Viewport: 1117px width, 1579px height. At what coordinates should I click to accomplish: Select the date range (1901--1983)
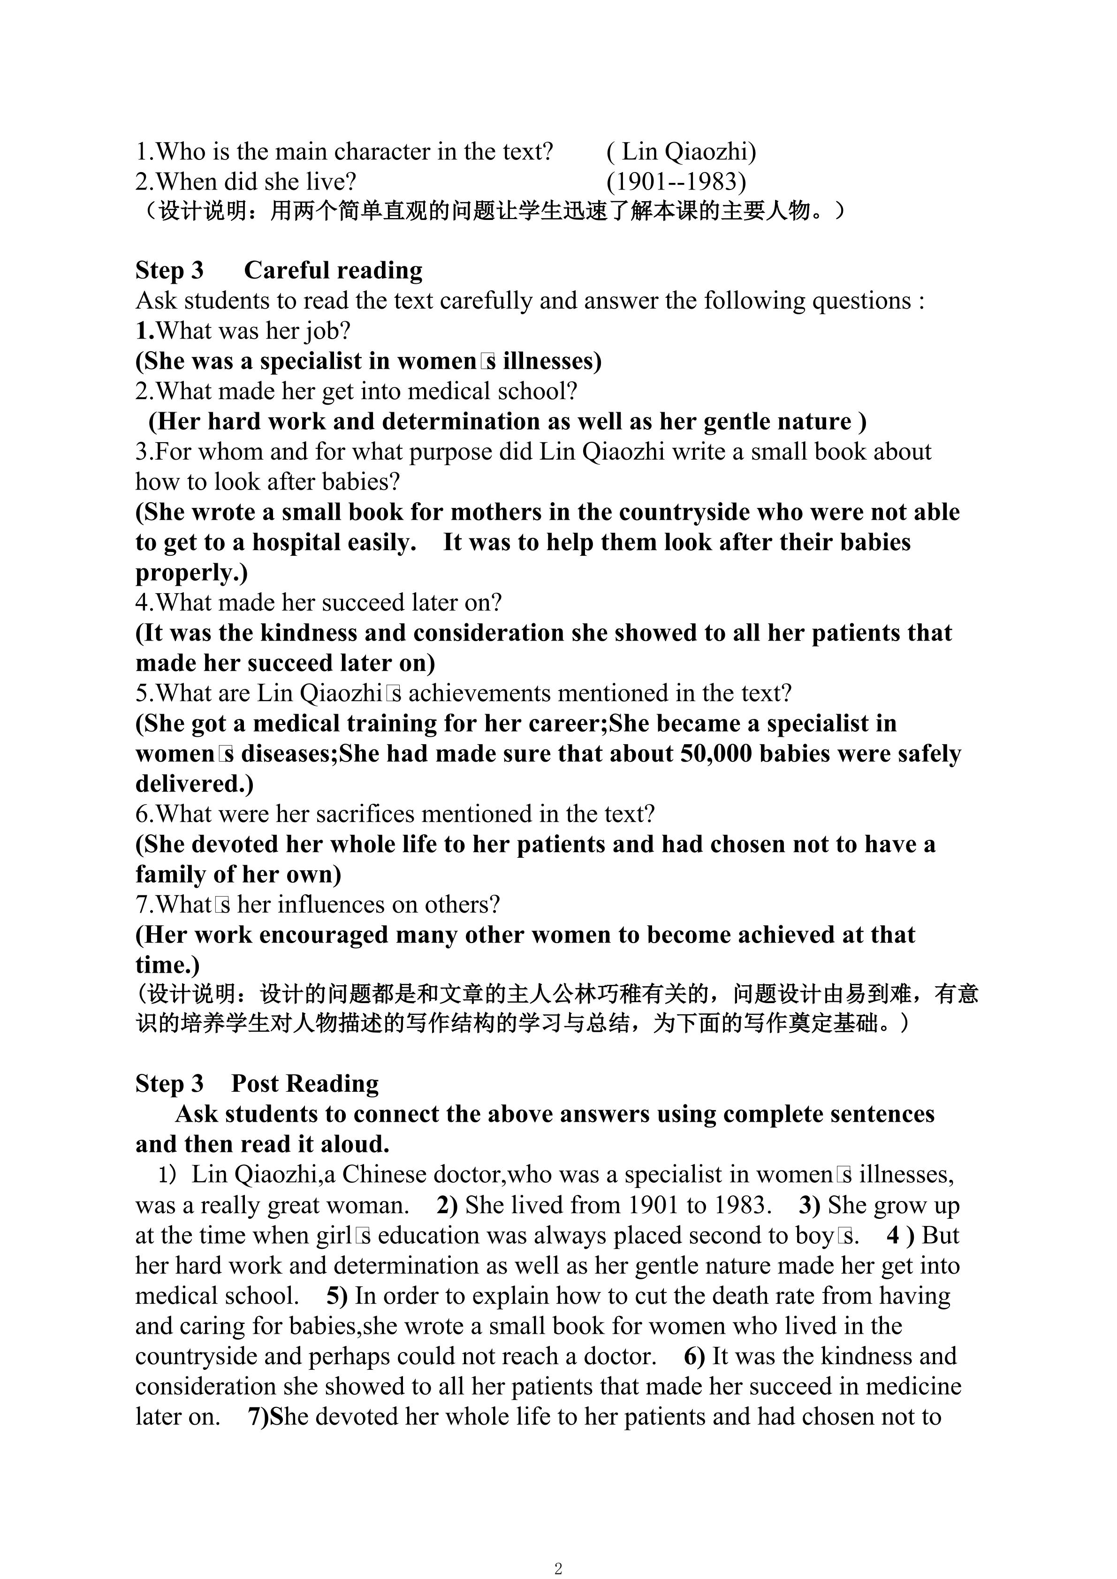coord(676,181)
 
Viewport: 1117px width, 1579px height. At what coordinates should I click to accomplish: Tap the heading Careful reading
coord(333,270)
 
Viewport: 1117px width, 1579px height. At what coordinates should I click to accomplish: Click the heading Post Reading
coord(304,1083)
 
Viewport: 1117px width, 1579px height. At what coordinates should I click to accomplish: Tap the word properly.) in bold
coord(191,572)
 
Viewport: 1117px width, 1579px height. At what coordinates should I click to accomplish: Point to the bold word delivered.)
coord(194,784)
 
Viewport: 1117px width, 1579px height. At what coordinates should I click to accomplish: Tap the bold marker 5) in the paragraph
coord(337,1296)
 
